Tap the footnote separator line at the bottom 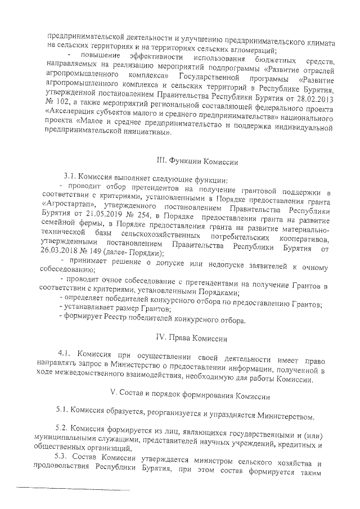[x=74, y=490]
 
